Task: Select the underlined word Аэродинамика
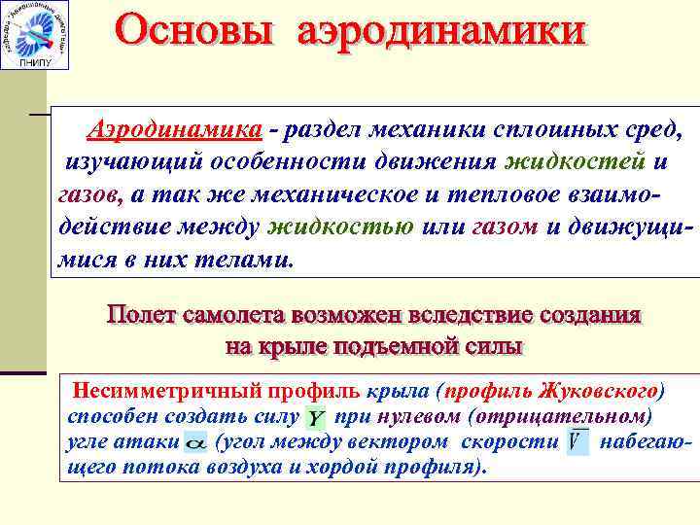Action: click(174, 130)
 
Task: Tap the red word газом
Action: click(506, 227)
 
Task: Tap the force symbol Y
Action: click(316, 417)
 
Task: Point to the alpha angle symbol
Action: click(195, 443)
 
